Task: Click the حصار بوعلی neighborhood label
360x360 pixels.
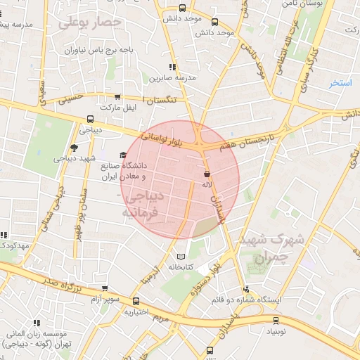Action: tap(90, 23)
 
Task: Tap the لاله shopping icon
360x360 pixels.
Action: tap(207, 174)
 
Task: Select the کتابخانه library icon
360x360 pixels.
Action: tap(183, 257)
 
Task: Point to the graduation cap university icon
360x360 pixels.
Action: tap(123, 155)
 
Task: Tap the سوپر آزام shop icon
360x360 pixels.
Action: tap(104, 288)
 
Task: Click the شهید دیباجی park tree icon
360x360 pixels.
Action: tap(74, 148)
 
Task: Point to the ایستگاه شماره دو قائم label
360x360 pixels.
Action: tap(245, 300)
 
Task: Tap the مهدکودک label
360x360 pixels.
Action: tap(14, 245)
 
